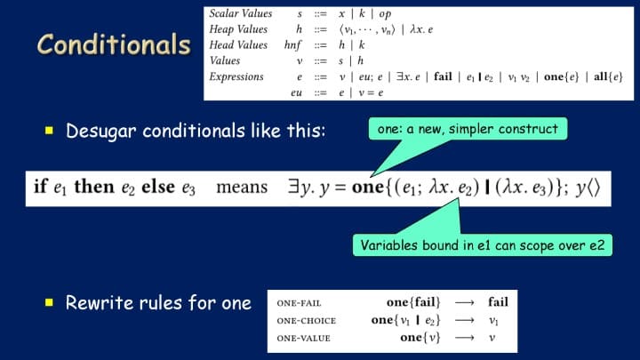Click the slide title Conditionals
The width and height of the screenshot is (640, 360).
[114, 44]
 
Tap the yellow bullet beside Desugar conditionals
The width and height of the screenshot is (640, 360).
[50, 131]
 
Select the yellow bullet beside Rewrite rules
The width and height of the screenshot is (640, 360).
[50, 302]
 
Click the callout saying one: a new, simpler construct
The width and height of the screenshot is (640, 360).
[468, 129]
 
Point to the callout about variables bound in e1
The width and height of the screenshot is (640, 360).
[483, 245]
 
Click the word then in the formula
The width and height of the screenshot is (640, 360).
[94, 187]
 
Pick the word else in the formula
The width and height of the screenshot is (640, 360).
[158, 187]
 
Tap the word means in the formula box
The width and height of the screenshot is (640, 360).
[242, 188]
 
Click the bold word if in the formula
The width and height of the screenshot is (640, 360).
[41, 187]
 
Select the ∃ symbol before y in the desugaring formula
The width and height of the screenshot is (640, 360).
[293, 187]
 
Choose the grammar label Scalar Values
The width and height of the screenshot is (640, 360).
[241, 13]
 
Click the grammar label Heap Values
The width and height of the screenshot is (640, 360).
[238, 29]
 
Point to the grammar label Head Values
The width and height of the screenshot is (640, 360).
[238, 45]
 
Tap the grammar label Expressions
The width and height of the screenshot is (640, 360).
[236, 76]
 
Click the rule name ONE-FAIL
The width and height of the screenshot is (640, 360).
[299, 303]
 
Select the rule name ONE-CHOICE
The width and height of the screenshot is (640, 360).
[306, 321]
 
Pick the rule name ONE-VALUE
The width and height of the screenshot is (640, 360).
[303, 339]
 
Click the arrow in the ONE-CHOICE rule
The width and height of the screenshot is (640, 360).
[465, 320]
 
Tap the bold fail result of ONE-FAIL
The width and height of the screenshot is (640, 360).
[498, 302]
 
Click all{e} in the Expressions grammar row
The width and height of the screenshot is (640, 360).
[608, 76]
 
